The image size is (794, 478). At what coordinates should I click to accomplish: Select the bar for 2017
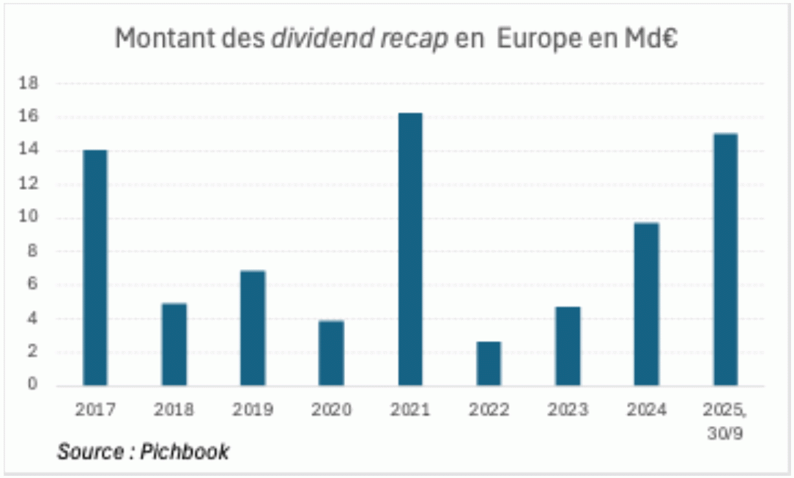point(95,268)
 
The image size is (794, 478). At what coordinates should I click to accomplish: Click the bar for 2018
point(174,345)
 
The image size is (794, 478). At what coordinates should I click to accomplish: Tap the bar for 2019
point(253,328)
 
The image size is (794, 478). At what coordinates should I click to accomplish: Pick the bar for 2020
point(331,353)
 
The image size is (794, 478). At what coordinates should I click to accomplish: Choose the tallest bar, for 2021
point(410,249)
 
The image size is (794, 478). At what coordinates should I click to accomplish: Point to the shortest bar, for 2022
point(489,364)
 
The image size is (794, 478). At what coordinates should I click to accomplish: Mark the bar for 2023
point(568,346)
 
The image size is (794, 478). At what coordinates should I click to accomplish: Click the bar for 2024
point(647,304)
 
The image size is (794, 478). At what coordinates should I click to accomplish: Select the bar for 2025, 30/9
point(725,260)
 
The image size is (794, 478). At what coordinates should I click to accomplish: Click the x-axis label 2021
point(410,409)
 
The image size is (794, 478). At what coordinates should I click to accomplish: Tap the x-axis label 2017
point(95,409)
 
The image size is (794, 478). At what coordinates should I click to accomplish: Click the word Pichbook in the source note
point(191,451)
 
